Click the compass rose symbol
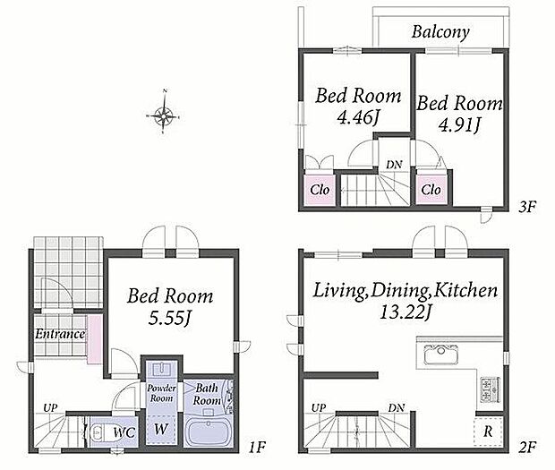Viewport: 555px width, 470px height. click(164, 114)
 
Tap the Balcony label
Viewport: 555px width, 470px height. click(440, 32)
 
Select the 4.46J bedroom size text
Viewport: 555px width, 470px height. click(358, 117)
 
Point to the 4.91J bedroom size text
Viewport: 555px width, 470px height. click(459, 124)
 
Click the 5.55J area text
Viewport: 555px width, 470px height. click(170, 318)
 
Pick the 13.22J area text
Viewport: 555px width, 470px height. click(406, 312)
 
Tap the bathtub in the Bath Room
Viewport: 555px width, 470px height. click(208, 432)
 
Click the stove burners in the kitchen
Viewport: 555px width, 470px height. click(490, 389)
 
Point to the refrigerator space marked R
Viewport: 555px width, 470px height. click(489, 432)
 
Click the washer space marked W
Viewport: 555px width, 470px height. click(161, 429)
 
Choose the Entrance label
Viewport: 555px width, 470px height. click(60, 334)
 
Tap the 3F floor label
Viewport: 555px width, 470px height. click(527, 206)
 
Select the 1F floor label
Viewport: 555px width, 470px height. click(257, 448)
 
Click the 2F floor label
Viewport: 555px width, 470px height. click(527, 448)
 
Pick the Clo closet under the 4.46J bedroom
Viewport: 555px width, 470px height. click(320, 190)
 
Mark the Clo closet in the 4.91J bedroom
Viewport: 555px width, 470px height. click(431, 190)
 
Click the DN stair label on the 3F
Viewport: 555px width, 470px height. click(394, 165)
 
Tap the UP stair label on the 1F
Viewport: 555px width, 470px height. click(50, 407)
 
